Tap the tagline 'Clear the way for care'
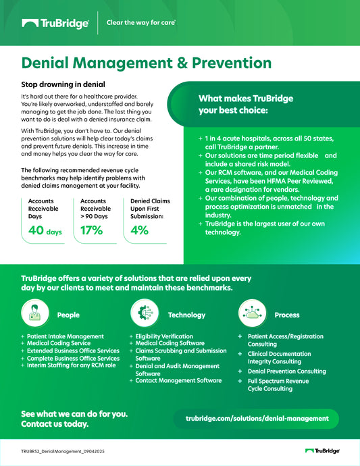click(141, 22)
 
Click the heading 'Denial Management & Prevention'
click(147, 63)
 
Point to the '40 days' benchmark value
click(45, 232)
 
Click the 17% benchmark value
click(91, 231)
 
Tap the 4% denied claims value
click(140, 231)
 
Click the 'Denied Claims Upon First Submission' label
click(150, 209)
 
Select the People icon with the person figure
click(35, 313)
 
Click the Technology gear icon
click(143, 313)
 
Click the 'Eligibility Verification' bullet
click(164, 336)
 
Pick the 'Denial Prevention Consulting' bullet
click(286, 371)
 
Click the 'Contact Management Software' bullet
click(178, 380)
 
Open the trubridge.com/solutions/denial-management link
click(257, 419)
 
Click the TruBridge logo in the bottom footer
click(322, 450)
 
